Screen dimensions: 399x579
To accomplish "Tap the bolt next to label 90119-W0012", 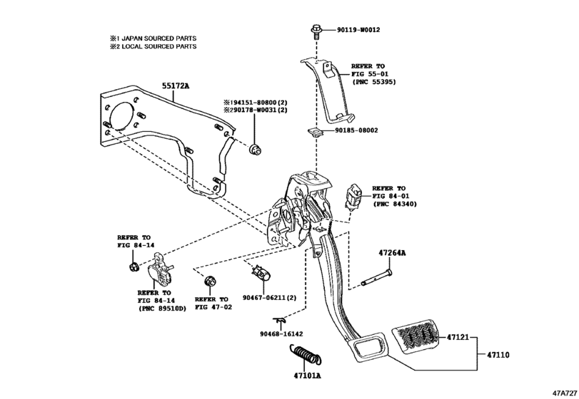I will click(315, 31).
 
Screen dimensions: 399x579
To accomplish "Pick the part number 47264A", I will click(393, 252).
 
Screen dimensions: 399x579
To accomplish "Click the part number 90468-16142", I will click(281, 333).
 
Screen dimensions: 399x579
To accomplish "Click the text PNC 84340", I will click(393, 204).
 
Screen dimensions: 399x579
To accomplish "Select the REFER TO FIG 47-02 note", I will click(211, 304).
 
